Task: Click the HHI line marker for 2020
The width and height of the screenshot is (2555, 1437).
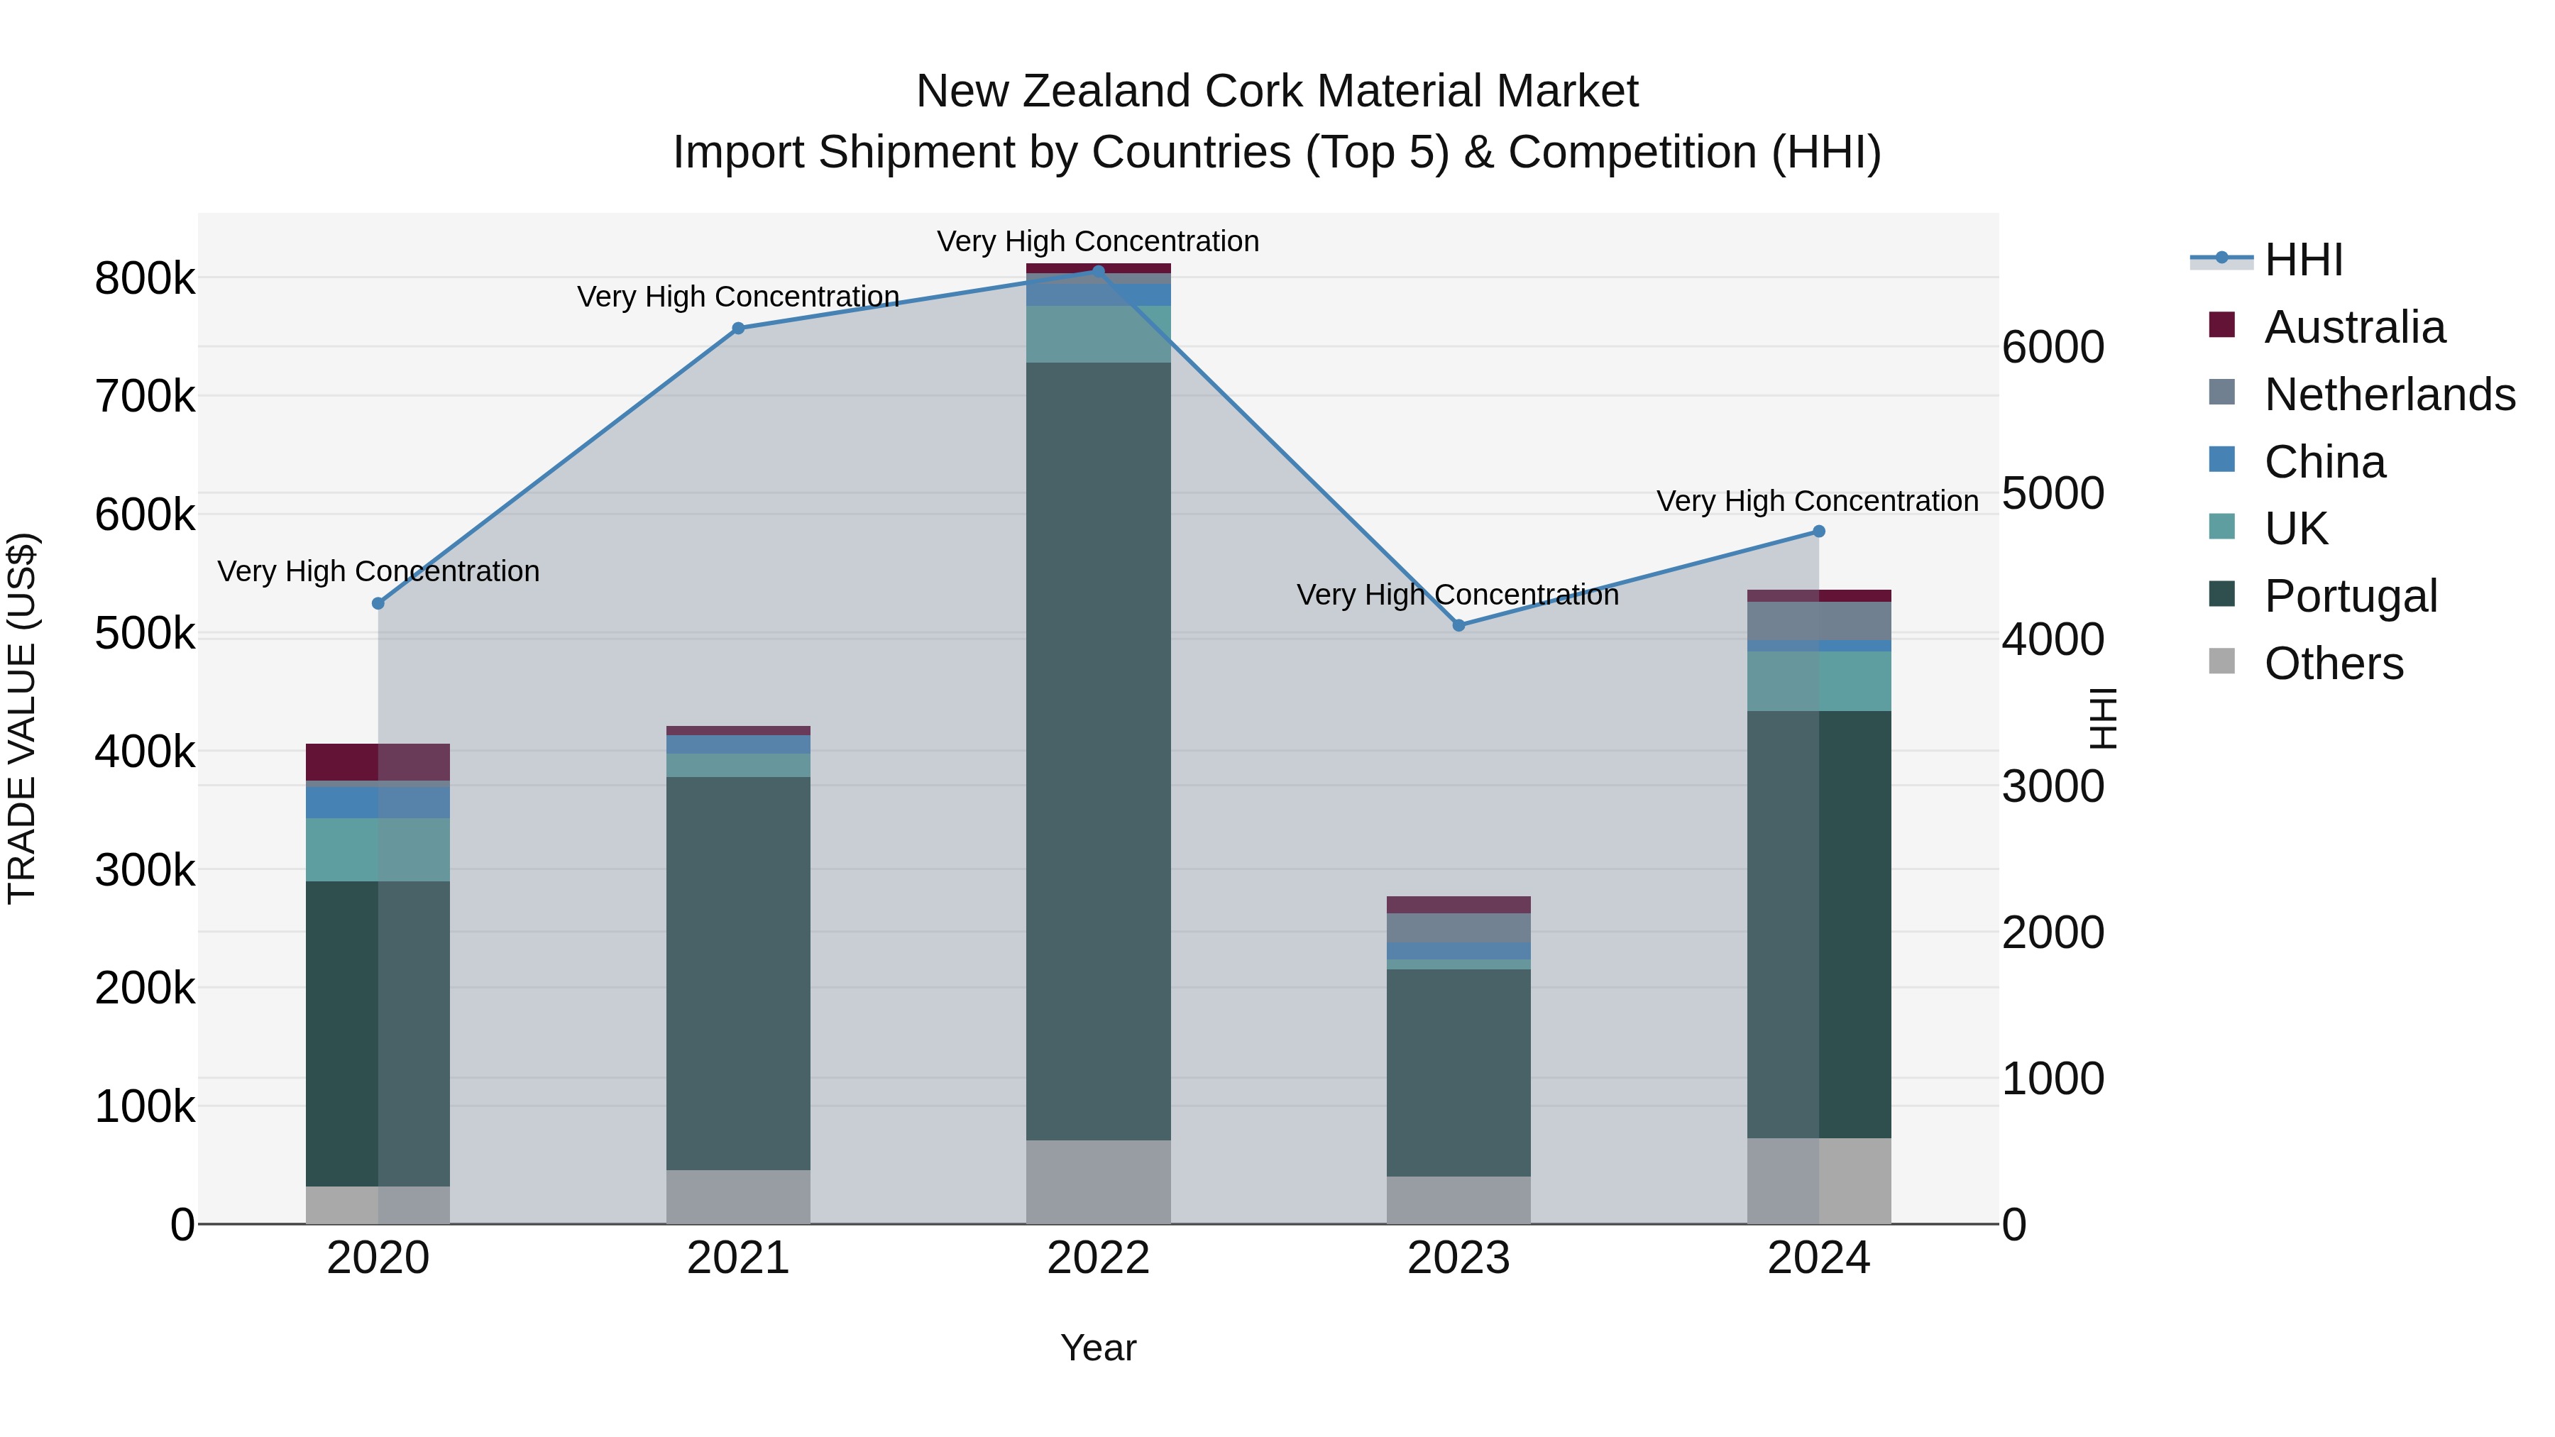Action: click(378, 603)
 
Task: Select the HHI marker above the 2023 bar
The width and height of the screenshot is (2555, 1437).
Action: click(1458, 626)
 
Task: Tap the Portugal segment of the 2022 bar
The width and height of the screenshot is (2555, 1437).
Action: click(1098, 751)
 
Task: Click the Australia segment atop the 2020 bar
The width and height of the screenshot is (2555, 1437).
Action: click(378, 761)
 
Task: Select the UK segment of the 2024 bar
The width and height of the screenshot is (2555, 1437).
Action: click(1818, 681)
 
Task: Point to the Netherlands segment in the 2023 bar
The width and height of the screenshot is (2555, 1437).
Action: click(1458, 927)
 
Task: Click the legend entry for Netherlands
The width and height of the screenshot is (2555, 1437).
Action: click(2390, 395)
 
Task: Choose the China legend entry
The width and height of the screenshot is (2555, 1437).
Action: click(2324, 462)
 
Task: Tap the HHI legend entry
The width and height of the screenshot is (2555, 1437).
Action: click(2303, 260)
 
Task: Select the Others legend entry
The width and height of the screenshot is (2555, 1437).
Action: click(2333, 664)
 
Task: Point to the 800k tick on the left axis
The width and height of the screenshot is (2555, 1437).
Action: click(145, 279)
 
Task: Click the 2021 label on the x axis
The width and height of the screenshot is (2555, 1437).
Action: click(738, 1258)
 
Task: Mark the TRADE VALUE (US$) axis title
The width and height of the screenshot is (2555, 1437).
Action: click(22, 718)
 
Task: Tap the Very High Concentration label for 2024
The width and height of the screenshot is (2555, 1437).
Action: click(1817, 501)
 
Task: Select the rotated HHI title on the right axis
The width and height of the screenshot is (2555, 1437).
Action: click(2101, 718)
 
